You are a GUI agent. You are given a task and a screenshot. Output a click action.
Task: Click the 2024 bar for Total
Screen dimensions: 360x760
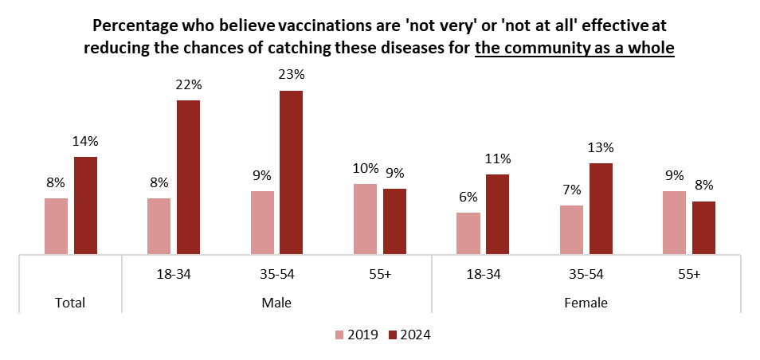tap(85, 205)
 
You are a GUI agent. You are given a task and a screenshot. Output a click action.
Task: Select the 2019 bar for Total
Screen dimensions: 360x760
tap(56, 226)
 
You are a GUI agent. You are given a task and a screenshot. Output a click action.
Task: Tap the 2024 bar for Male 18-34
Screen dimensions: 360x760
tap(188, 177)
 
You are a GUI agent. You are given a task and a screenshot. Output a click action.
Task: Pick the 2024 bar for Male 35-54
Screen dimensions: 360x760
tap(291, 172)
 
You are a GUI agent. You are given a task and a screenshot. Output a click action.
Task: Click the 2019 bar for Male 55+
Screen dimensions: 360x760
tap(366, 219)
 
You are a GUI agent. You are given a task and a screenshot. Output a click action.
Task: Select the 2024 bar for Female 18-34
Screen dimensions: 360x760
tap(497, 214)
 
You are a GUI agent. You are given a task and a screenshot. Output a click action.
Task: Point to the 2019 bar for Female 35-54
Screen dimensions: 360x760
tap(571, 229)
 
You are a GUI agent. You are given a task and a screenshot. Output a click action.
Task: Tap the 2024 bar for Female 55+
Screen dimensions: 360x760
tap(703, 228)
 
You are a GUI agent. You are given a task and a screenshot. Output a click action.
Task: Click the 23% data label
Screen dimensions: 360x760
tap(291, 75)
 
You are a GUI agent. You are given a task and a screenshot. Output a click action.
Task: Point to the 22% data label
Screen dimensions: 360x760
tap(188, 85)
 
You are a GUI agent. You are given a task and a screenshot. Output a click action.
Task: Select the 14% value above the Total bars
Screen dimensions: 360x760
tap(85, 141)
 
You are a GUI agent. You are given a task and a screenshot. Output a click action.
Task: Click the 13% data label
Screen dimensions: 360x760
tap(601, 147)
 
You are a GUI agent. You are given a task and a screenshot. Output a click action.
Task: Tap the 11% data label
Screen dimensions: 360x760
tap(497, 158)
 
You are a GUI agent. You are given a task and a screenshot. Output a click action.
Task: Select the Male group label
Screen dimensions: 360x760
tap(276, 303)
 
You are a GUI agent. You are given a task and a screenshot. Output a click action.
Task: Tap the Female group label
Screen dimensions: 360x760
tap(586, 303)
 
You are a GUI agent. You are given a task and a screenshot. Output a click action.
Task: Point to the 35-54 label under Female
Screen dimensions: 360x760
tap(586, 275)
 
